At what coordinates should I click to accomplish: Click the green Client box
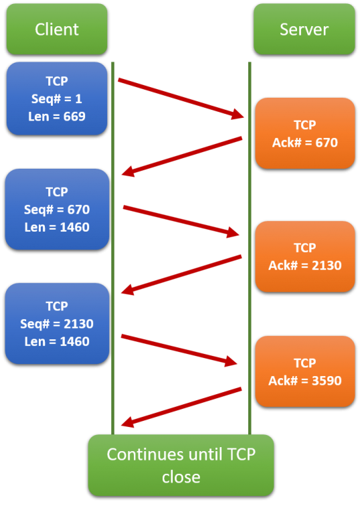pos(57,29)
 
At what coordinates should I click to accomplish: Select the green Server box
pos(304,29)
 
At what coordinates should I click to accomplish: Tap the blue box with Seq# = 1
pos(57,98)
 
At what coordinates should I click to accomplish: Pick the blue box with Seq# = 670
pos(57,209)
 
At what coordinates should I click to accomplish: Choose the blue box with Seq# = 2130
pos(57,323)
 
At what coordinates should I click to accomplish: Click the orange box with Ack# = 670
pos(304,133)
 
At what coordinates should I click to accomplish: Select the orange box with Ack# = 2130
pos(304,256)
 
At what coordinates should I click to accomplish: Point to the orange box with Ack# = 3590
pos(304,371)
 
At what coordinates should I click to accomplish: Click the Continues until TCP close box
pos(181,465)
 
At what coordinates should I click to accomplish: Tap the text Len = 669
pos(57,116)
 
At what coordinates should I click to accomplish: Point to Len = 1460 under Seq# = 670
pos(57,228)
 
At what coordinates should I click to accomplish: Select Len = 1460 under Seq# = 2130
pos(57,341)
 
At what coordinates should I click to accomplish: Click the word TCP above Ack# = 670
pos(304,124)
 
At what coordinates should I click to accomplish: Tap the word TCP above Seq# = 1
pos(57,80)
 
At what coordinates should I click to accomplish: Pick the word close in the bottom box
pos(181,477)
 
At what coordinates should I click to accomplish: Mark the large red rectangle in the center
pos(181,254)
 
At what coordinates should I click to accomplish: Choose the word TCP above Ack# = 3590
pos(304,363)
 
